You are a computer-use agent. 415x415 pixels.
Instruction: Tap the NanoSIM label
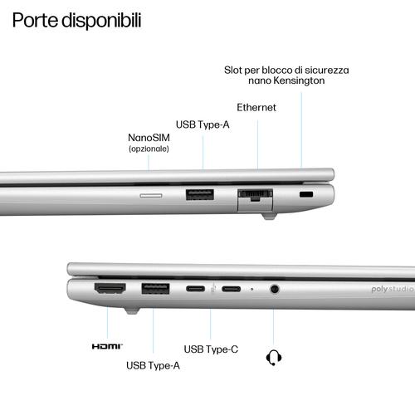click(149, 138)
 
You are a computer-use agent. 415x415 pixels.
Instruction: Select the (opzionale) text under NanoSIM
click(149, 149)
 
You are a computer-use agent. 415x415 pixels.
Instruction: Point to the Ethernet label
click(256, 107)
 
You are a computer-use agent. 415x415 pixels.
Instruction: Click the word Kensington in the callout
click(299, 81)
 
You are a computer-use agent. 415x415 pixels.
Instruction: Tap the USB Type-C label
click(211, 349)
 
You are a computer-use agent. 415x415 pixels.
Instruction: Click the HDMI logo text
click(107, 346)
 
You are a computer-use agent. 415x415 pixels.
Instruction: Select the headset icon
click(274, 358)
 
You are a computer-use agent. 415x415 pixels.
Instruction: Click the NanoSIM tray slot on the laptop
click(151, 196)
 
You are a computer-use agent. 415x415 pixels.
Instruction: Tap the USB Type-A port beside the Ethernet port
click(200, 194)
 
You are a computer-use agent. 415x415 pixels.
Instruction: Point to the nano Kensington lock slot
click(306, 194)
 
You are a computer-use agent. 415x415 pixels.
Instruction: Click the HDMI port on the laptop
click(110, 289)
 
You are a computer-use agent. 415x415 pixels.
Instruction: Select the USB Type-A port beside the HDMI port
click(155, 289)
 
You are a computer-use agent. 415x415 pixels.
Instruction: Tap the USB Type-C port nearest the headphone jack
click(231, 289)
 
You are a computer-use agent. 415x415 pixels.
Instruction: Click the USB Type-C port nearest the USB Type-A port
click(195, 289)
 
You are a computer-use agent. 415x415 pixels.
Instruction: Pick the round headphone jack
click(274, 289)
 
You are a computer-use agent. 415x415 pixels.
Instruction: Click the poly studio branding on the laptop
click(393, 289)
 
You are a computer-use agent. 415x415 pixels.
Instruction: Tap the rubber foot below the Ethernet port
click(269, 216)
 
